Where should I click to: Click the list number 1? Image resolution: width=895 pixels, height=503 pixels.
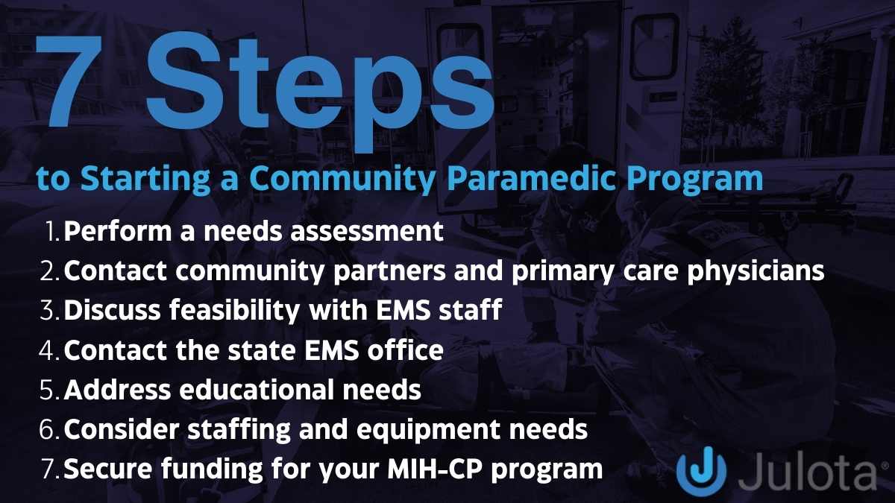click(x=52, y=232)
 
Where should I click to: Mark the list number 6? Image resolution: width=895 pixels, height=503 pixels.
click(x=51, y=429)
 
